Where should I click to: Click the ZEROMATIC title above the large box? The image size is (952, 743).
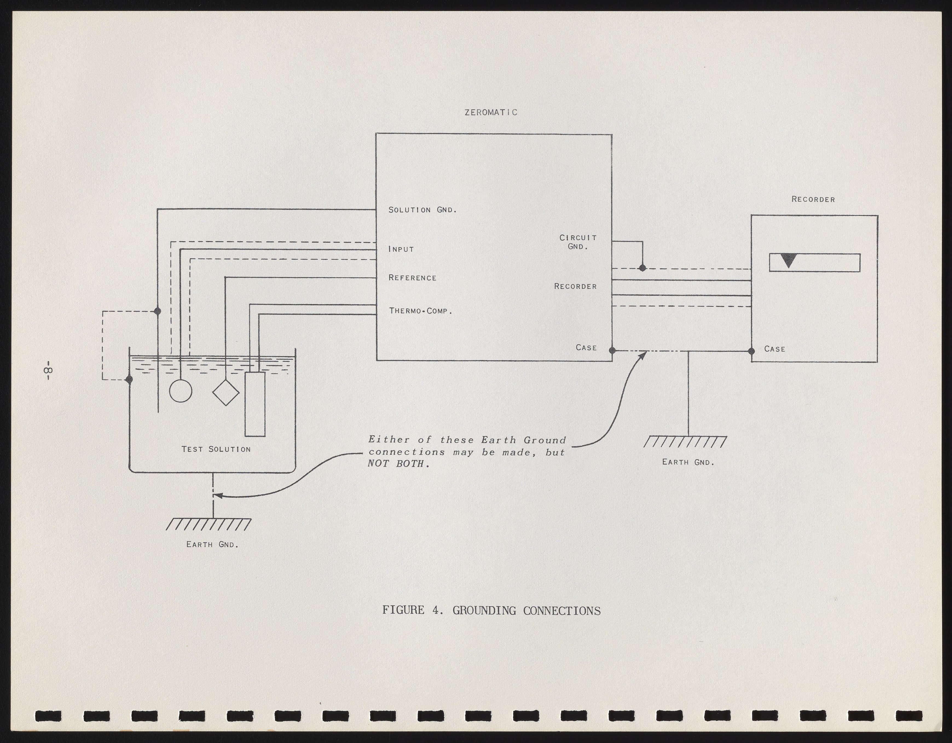pos(491,113)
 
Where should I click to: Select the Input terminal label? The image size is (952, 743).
pos(401,249)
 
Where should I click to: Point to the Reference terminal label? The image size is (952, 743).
pos(412,278)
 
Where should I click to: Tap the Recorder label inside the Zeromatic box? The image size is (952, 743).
pos(575,286)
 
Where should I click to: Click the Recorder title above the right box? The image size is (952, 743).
pos(813,200)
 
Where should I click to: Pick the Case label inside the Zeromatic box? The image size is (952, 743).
pos(586,347)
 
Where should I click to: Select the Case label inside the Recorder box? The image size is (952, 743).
pos(775,349)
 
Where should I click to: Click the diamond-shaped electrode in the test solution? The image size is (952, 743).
pos(226,392)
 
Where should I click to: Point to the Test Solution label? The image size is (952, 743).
pos(216,449)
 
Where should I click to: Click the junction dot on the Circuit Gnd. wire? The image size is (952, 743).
pos(642,268)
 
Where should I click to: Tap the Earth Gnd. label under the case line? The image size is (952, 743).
pos(688,462)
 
